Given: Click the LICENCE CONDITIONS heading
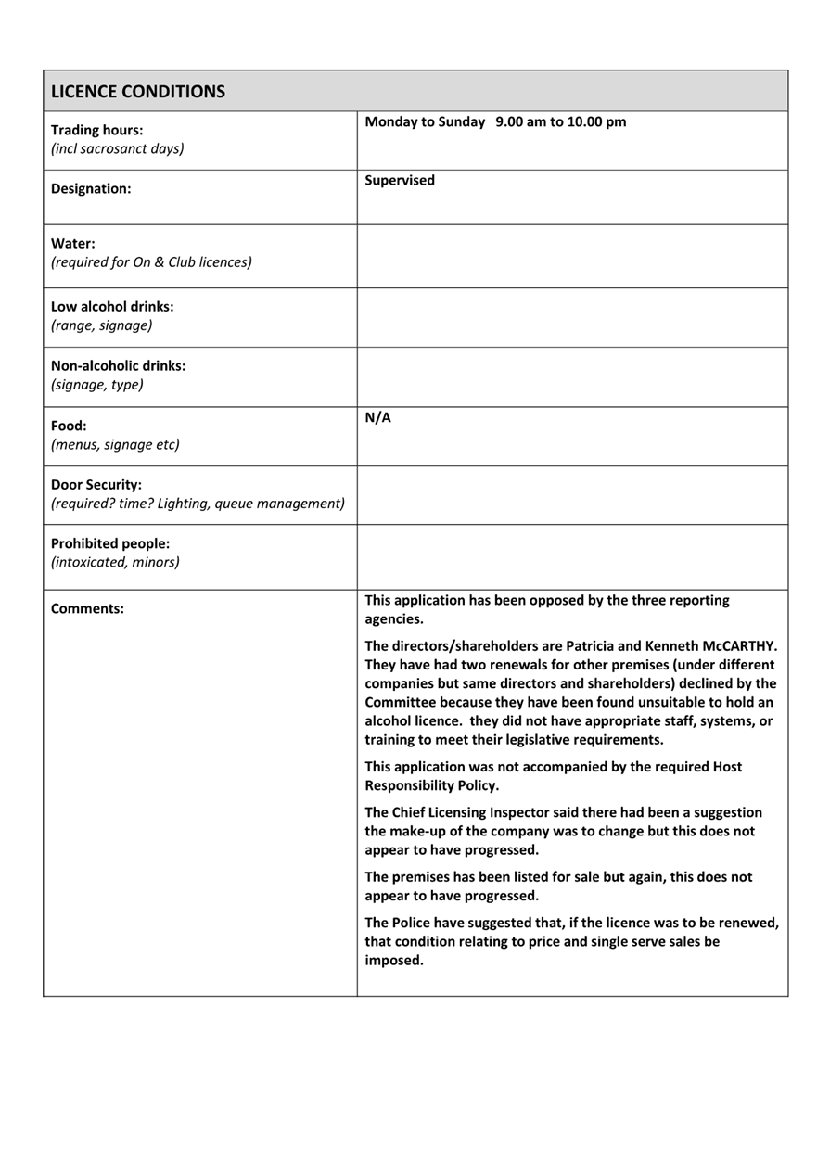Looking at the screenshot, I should coord(137,92).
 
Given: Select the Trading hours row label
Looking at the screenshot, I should coord(96,131).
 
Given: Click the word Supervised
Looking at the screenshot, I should coord(400,181).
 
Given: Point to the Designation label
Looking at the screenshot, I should coord(91,189).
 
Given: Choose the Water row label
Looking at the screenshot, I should coord(73,244).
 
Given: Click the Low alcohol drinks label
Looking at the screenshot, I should coord(112,307).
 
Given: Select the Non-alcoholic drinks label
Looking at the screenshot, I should coord(118,366).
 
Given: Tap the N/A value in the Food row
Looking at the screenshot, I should coord(377,418).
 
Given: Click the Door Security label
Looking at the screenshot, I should coord(96,485).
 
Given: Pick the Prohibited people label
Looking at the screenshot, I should coord(110,544).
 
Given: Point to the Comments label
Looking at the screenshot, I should coord(87,609).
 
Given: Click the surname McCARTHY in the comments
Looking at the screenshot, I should coord(740,646).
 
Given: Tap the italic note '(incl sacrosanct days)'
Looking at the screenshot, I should coord(117,149).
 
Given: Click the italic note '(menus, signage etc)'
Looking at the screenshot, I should coord(115,445).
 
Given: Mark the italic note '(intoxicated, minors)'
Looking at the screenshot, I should coord(115,563).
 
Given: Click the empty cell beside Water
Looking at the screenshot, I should coord(572,256).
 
